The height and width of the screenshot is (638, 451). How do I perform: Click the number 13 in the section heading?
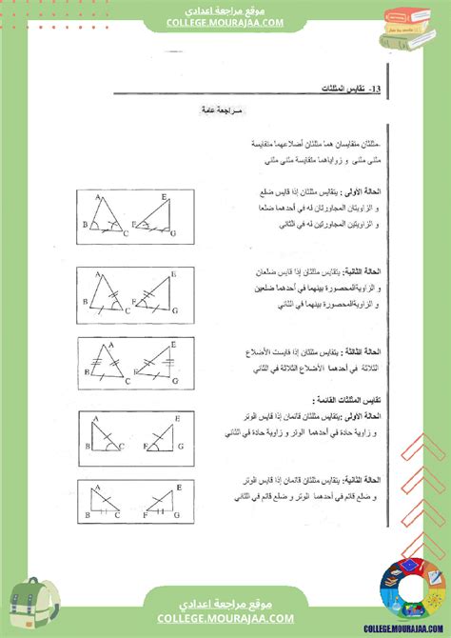(x=376, y=89)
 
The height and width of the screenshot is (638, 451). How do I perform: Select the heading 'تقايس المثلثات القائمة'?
(x=343, y=400)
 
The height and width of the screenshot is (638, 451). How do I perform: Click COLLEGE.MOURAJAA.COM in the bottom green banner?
(x=225, y=621)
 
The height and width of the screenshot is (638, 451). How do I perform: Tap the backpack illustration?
(x=33, y=604)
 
